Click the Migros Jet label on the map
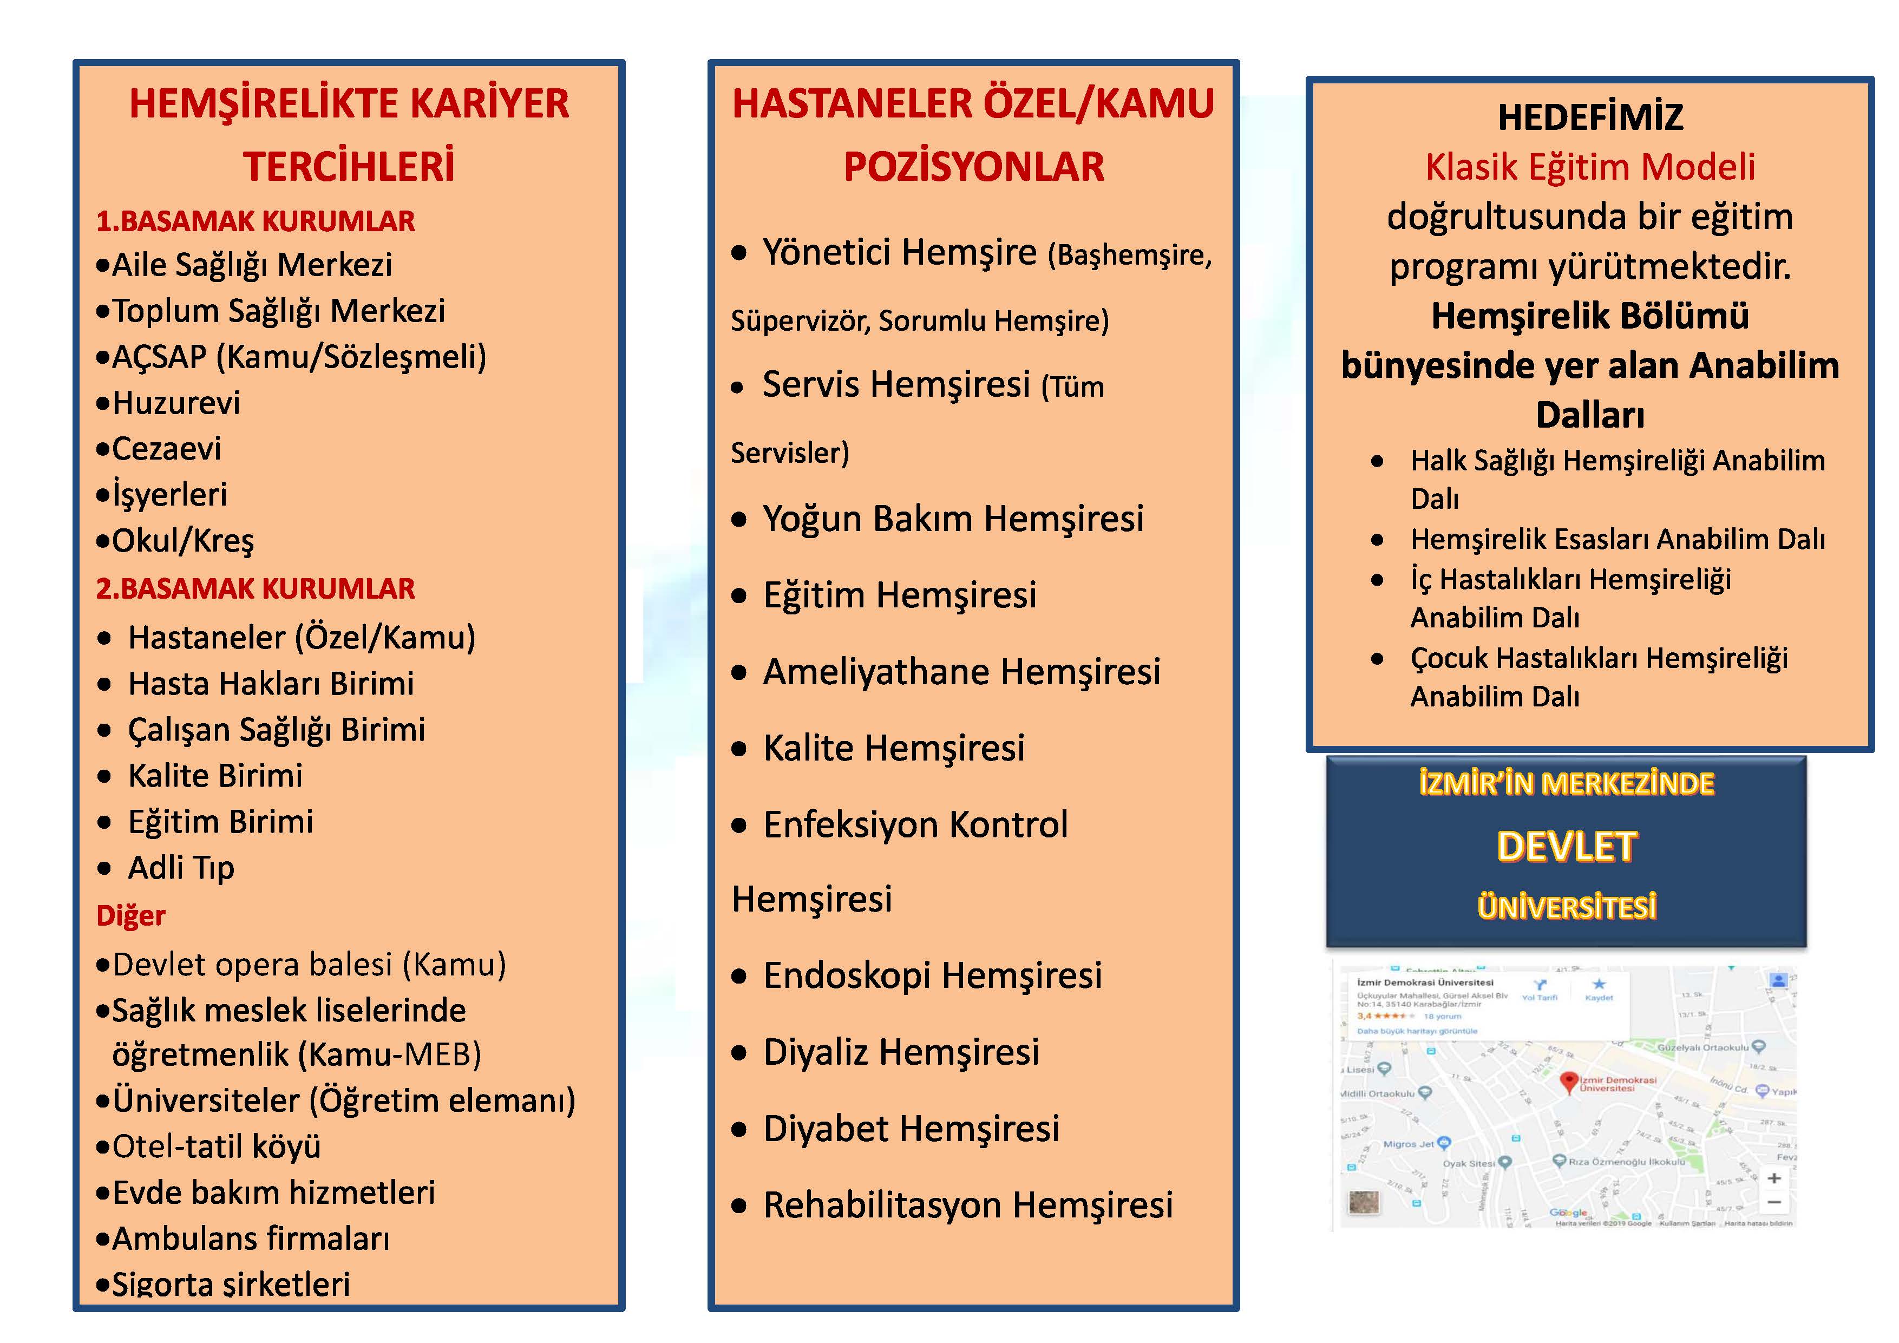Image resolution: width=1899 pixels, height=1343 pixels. (1409, 1144)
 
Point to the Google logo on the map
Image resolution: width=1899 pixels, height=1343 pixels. (1568, 1213)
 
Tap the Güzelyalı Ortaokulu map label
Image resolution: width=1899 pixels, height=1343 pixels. (1703, 1048)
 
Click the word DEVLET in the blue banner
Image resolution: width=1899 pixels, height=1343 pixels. (1567, 847)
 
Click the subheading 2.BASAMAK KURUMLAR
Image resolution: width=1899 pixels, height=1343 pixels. (256, 589)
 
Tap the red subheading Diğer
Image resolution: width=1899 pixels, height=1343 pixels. (130, 915)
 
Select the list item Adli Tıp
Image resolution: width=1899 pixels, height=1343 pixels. (181, 868)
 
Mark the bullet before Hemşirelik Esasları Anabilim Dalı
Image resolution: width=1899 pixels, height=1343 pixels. (1377, 540)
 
